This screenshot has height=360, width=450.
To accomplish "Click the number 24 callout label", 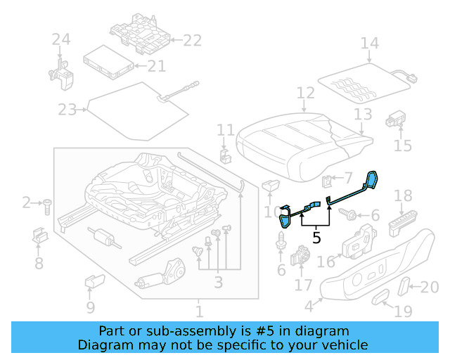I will click(x=61, y=40).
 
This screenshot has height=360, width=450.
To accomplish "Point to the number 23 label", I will click(x=67, y=110).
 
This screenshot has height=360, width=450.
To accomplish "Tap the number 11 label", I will click(x=225, y=130).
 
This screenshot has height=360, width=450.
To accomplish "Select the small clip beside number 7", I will click(x=327, y=181).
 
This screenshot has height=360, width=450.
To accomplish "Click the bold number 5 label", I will click(x=316, y=238).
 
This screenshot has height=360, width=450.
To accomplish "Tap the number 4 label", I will click(x=309, y=307).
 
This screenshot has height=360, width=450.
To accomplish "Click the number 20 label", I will click(x=429, y=286).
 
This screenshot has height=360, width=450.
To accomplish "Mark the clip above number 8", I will click(x=39, y=236).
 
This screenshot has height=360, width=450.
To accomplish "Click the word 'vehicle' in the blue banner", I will click(x=343, y=345).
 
